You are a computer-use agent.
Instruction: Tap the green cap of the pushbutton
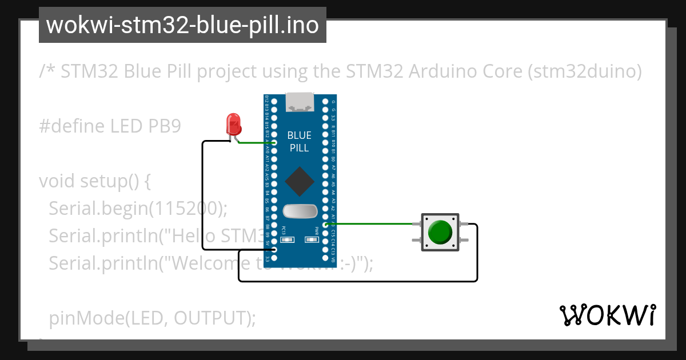(x=440, y=232)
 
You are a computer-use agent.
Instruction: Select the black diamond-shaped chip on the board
(x=300, y=182)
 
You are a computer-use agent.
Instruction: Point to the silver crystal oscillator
(x=300, y=211)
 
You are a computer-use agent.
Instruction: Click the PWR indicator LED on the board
(x=312, y=240)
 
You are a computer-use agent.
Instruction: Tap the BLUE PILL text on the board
(x=300, y=142)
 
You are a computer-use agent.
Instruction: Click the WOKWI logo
(x=607, y=315)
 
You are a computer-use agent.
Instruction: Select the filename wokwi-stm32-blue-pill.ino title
(x=182, y=26)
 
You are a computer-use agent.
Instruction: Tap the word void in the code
(x=57, y=181)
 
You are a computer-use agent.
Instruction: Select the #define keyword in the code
(x=71, y=126)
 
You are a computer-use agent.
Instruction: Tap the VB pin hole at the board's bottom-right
(x=326, y=258)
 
